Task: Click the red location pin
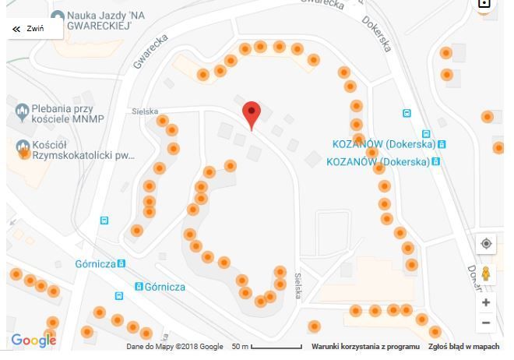251,114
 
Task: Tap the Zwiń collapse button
27,29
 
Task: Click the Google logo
33,341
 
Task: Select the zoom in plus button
486,302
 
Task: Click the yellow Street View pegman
486,274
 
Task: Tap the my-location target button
486,244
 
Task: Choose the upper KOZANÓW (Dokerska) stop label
383,144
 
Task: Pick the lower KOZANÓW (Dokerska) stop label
378,162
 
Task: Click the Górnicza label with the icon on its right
96,264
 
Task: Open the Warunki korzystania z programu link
365,347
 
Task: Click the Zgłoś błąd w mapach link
464,347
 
